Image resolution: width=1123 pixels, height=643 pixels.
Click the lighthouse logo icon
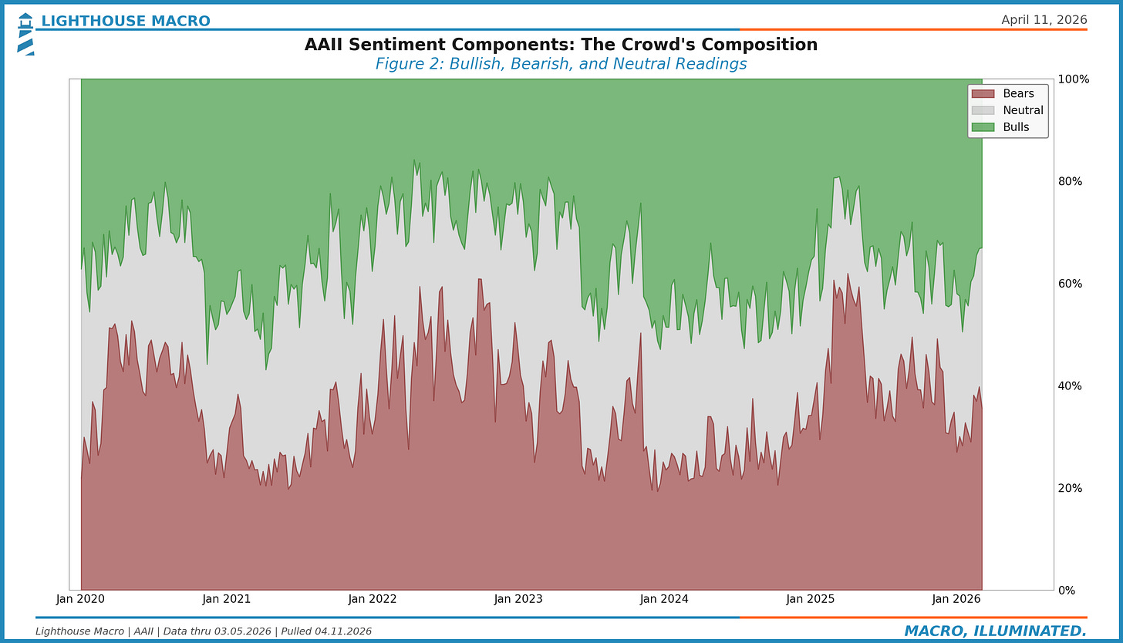pyautogui.click(x=25, y=33)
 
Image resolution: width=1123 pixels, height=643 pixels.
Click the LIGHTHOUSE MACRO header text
pyautogui.click(x=125, y=21)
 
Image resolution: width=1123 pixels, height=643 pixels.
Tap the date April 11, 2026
pyautogui.click(x=1044, y=20)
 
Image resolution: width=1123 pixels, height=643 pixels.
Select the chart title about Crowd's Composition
pyautogui.click(x=561, y=45)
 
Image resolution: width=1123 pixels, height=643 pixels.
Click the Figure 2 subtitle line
pyautogui.click(x=561, y=64)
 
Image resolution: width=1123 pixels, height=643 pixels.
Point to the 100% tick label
pyautogui.click(x=1074, y=79)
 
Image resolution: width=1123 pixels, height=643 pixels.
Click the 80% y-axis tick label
pyautogui.click(x=1071, y=182)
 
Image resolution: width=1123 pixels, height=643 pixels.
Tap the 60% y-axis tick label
pyautogui.click(x=1071, y=284)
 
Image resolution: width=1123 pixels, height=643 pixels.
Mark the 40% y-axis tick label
pyautogui.click(x=1071, y=386)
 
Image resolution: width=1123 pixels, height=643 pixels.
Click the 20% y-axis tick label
pyautogui.click(x=1071, y=488)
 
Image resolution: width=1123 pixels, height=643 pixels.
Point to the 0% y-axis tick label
pyautogui.click(x=1068, y=591)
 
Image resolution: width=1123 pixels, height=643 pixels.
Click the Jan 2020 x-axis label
pyautogui.click(x=81, y=599)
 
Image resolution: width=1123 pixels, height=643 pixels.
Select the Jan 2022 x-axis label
pyautogui.click(x=373, y=599)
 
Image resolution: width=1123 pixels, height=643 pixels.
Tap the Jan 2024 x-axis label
pyautogui.click(x=664, y=599)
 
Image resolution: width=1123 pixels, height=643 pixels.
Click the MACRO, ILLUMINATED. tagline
pyautogui.click(x=995, y=631)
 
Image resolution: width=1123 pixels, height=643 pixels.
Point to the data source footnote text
pyautogui.click(x=204, y=631)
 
